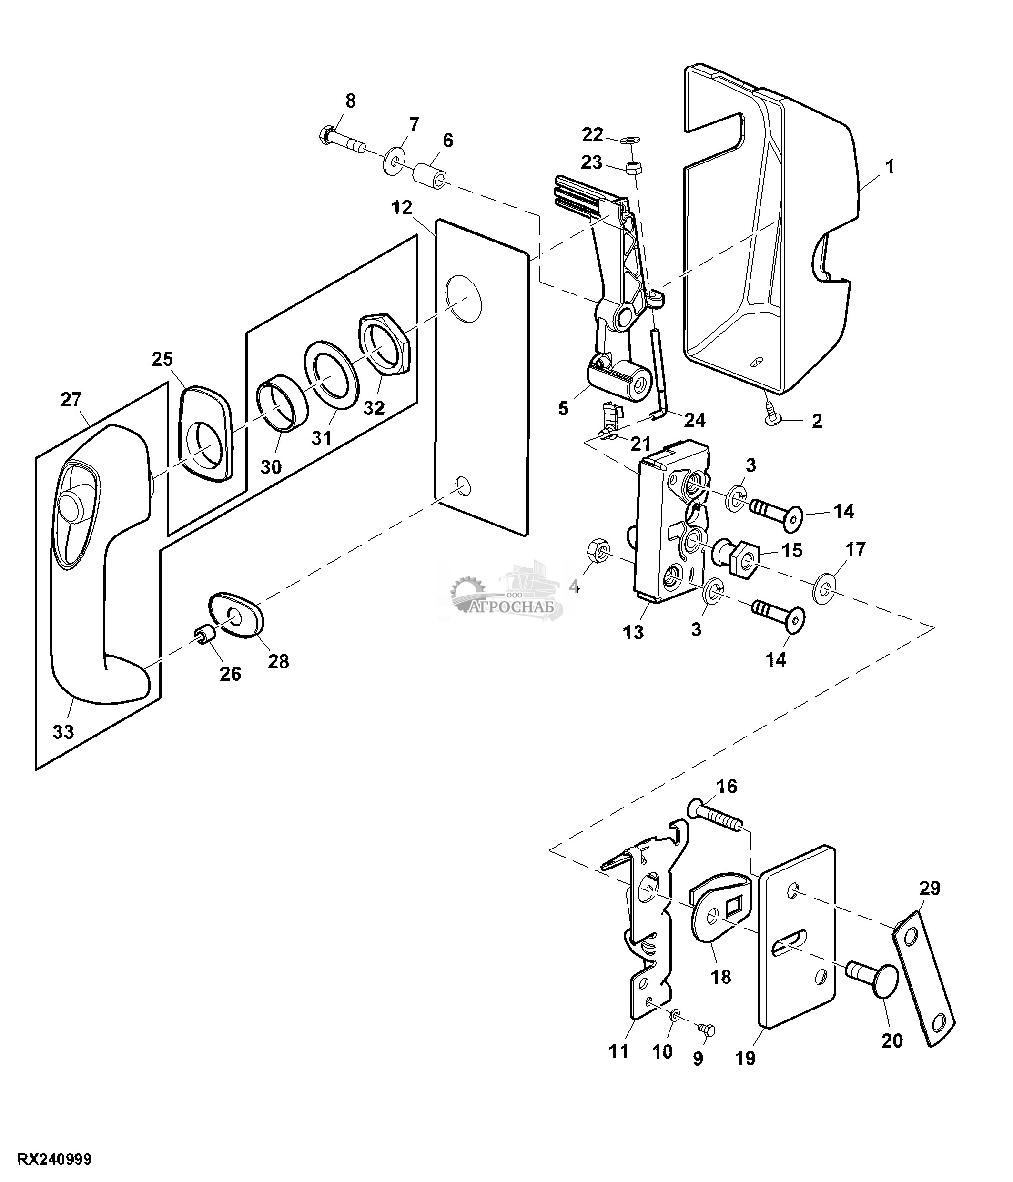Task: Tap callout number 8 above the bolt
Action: (x=350, y=101)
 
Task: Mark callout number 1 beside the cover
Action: (x=890, y=167)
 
